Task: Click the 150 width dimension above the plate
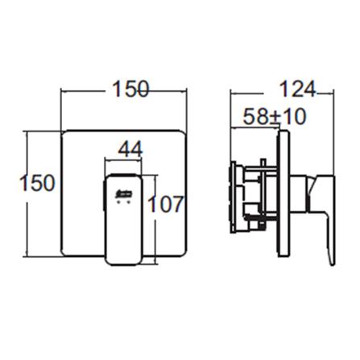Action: tap(128, 90)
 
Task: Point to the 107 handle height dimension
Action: tap(166, 204)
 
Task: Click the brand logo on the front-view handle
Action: tap(123, 193)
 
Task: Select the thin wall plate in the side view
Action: tap(283, 193)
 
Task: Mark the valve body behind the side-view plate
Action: tap(250, 193)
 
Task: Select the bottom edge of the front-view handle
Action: tap(122, 263)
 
